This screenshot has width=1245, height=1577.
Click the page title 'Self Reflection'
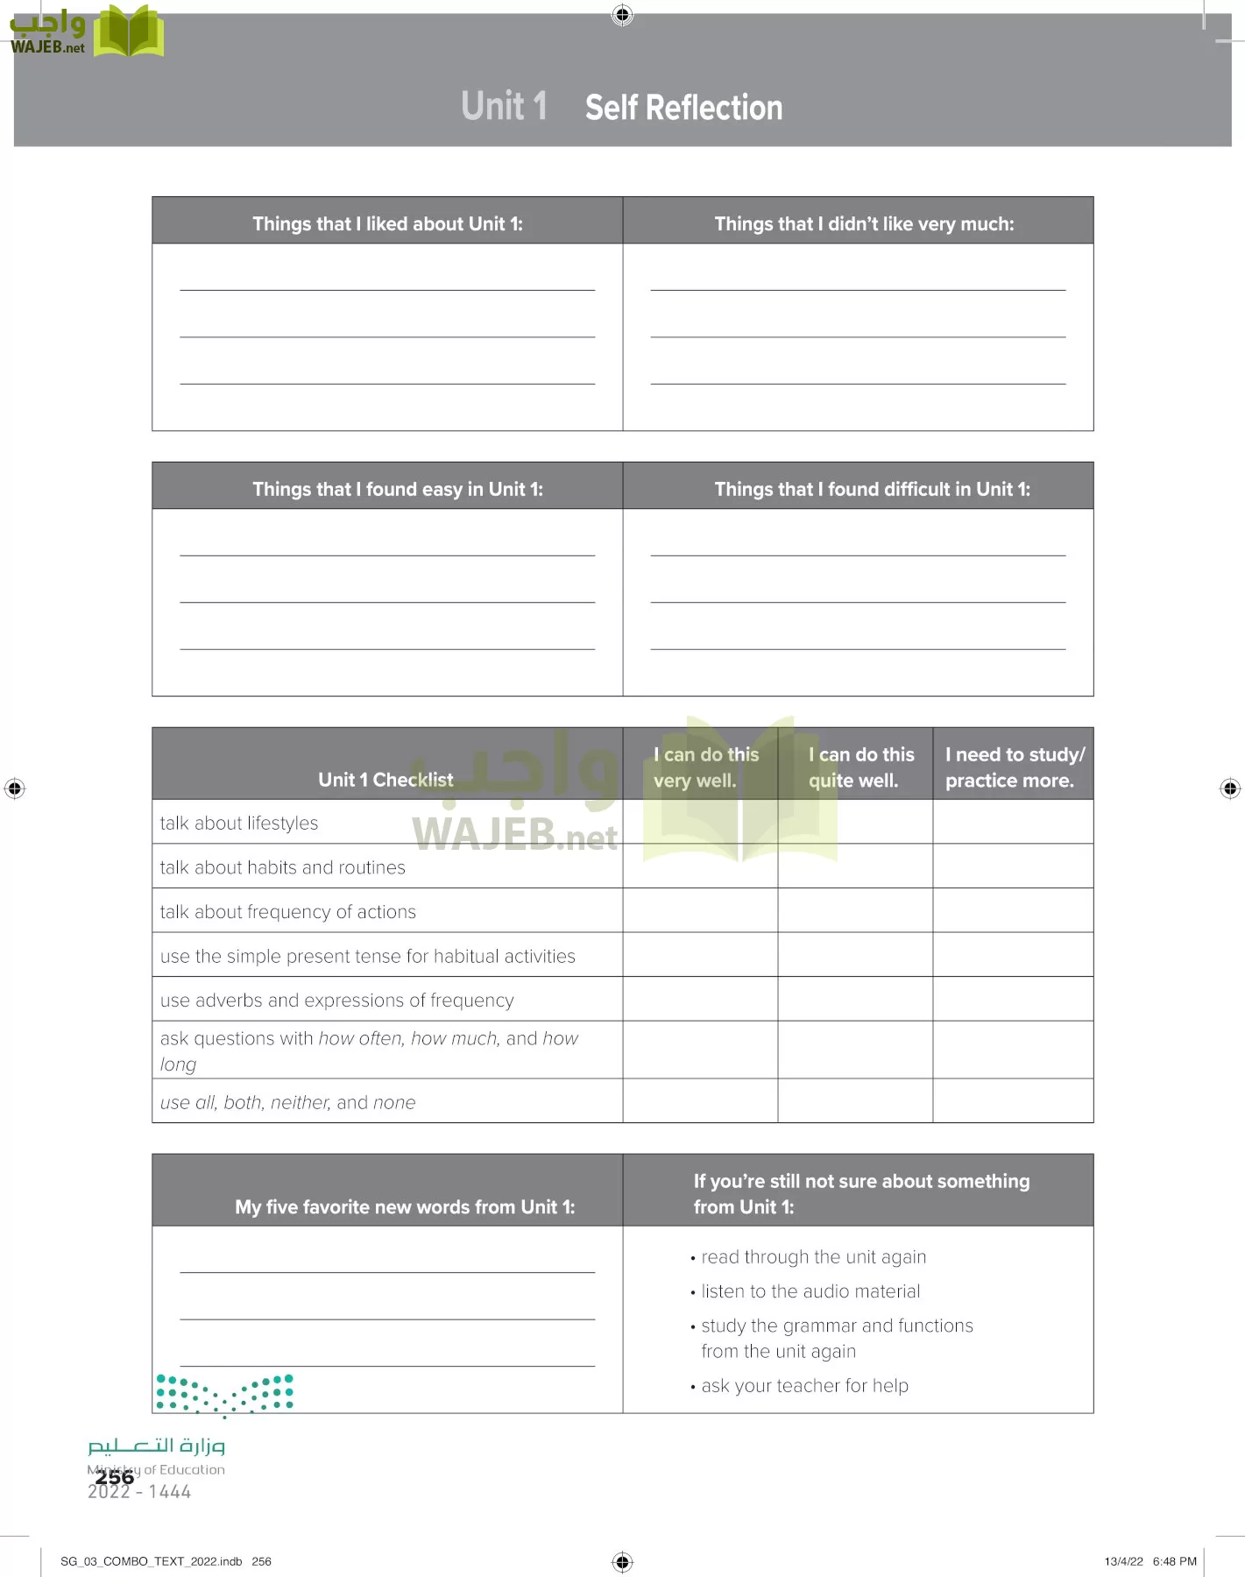point(683,108)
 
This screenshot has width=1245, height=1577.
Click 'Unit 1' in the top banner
point(504,106)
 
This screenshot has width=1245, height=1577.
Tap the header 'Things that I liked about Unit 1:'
point(387,223)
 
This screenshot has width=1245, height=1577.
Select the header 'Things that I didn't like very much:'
point(864,223)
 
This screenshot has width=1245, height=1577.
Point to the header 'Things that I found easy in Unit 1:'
point(398,489)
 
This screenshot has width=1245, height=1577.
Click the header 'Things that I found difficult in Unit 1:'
point(872,489)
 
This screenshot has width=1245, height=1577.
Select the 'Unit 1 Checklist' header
point(386,779)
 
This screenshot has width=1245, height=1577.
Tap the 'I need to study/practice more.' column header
point(1014,767)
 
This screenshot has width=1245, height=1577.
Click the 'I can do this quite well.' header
point(859,767)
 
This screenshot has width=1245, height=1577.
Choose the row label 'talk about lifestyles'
point(239,823)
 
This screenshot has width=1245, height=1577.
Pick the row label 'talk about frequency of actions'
point(287,911)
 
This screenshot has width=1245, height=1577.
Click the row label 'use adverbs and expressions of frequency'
point(336,1000)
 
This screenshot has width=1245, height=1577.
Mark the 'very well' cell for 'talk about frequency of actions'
point(700,910)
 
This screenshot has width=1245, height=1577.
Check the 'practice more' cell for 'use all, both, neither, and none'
point(1013,1100)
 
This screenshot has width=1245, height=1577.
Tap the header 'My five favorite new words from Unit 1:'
point(405,1206)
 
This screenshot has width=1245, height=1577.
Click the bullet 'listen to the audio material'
point(810,1291)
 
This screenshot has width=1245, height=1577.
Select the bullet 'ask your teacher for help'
point(804,1385)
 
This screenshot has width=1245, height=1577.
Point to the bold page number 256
point(115,1477)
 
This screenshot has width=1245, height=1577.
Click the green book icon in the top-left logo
point(128,32)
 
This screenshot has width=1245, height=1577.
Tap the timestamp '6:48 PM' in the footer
point(1174,1561)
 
